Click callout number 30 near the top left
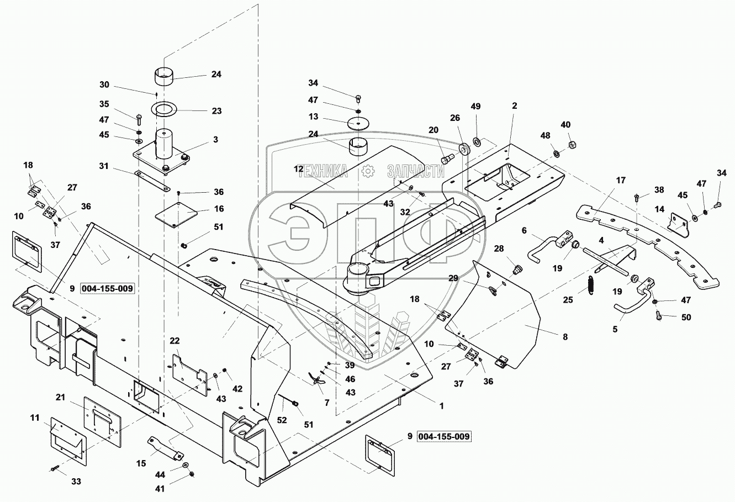104,85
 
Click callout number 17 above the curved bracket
621,180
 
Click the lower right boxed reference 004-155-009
445,437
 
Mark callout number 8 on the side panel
564,336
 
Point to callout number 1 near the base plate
441,405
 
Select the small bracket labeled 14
677,222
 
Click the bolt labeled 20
446,159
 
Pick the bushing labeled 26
463,149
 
